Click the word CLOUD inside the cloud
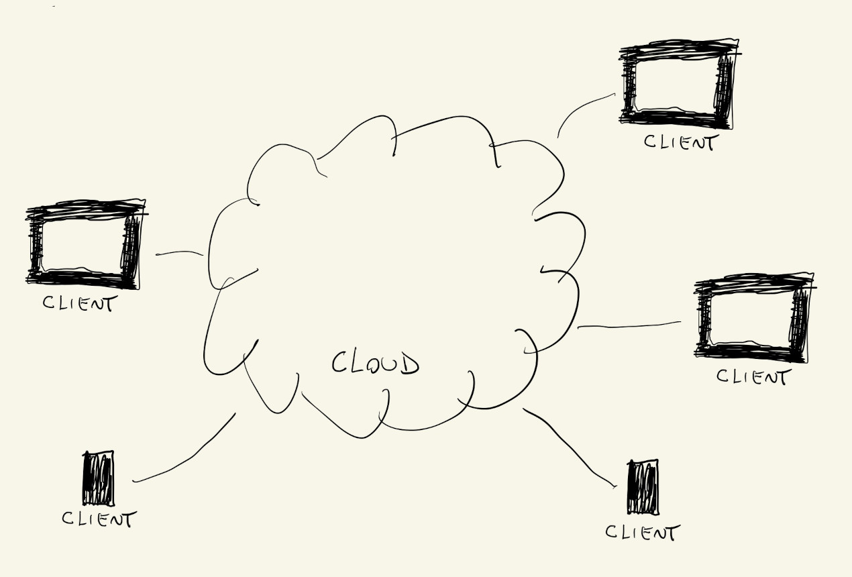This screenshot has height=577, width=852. [x=376, y=364]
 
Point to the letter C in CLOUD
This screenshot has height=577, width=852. [x=340, y=363]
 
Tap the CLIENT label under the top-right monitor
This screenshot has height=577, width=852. [x=679, y=142]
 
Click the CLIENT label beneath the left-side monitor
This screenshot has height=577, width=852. [x=78, y=303]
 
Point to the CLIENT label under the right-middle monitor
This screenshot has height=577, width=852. [x=751, y=376]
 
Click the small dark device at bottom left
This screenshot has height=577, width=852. [x=98, y=478]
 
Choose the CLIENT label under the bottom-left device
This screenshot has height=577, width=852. [x=99, y=519]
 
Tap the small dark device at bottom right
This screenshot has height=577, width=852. [x=643, y=487]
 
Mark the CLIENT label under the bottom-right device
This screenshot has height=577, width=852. [x=642, y=533]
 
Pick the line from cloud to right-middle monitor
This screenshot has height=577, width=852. [x=629, y=326]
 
